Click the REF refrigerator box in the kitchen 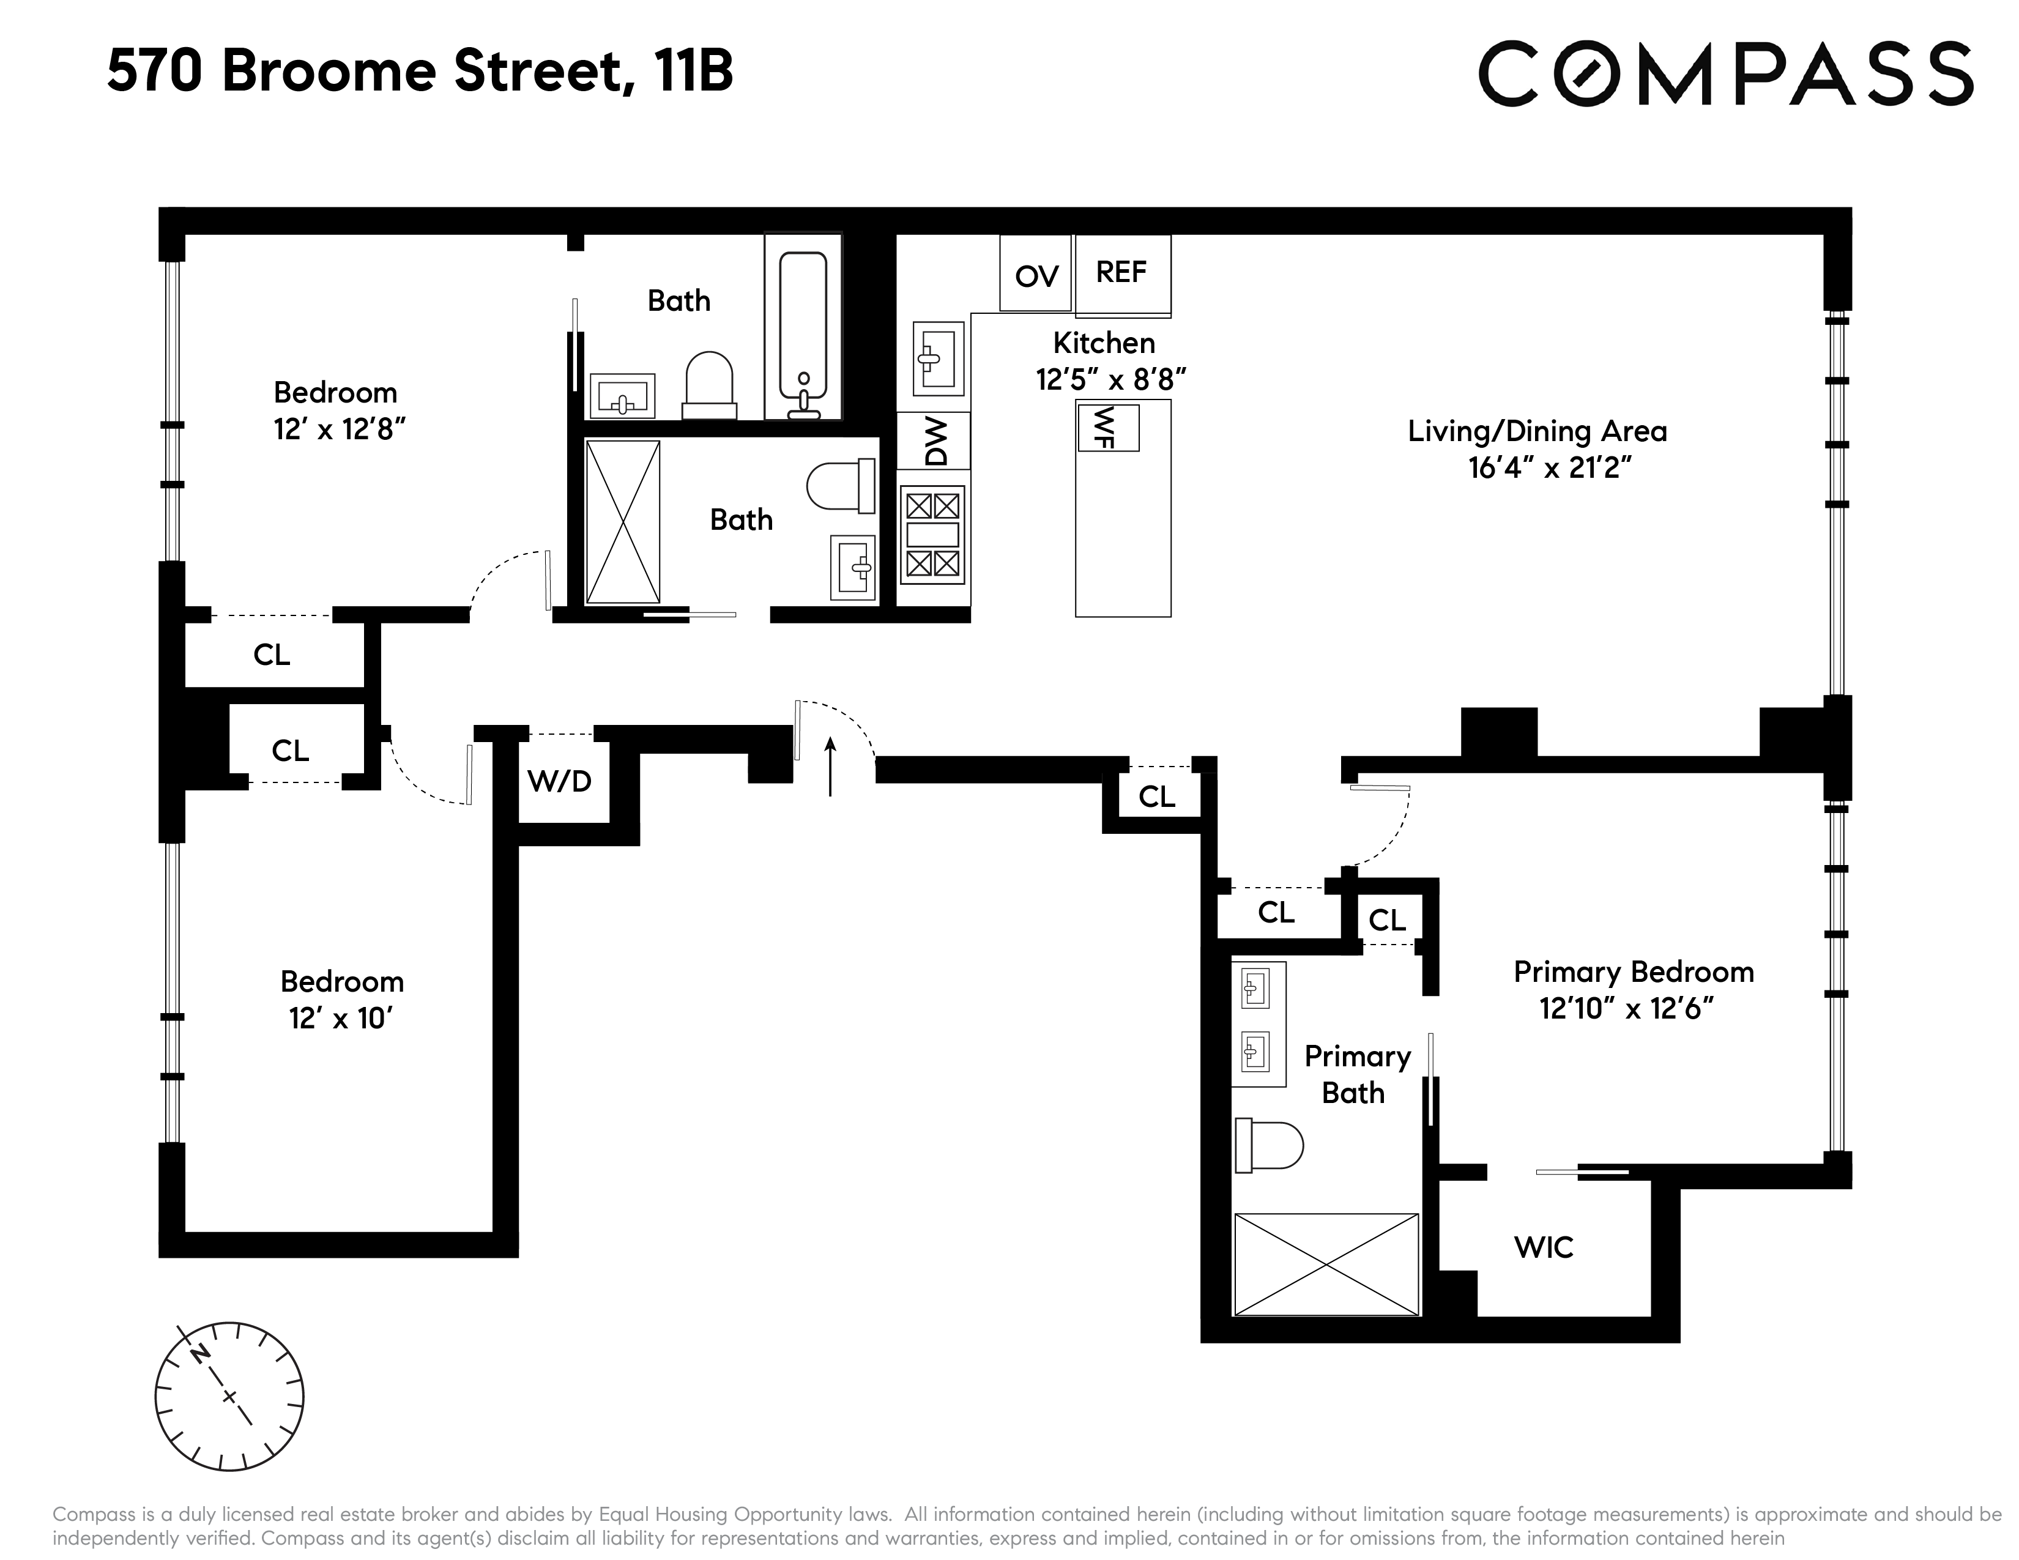1122,275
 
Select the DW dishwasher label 935,441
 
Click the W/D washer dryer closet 560,781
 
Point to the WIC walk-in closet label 1543,1247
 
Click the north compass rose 229,1395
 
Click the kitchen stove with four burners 933,534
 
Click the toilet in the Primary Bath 1268,1146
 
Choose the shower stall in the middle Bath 623,522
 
